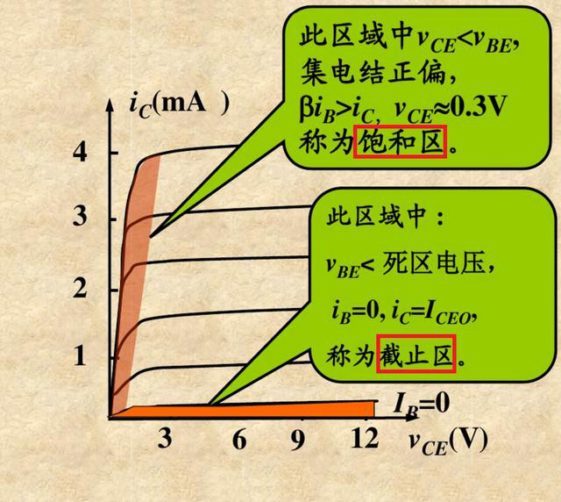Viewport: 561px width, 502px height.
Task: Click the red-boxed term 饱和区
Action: [401, 140]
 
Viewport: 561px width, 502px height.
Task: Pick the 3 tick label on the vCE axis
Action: [165, 440]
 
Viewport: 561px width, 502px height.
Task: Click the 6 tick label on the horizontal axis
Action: [239, 440]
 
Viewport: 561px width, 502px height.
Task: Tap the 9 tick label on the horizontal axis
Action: [298, 440]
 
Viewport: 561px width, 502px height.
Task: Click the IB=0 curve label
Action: [421, 405]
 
